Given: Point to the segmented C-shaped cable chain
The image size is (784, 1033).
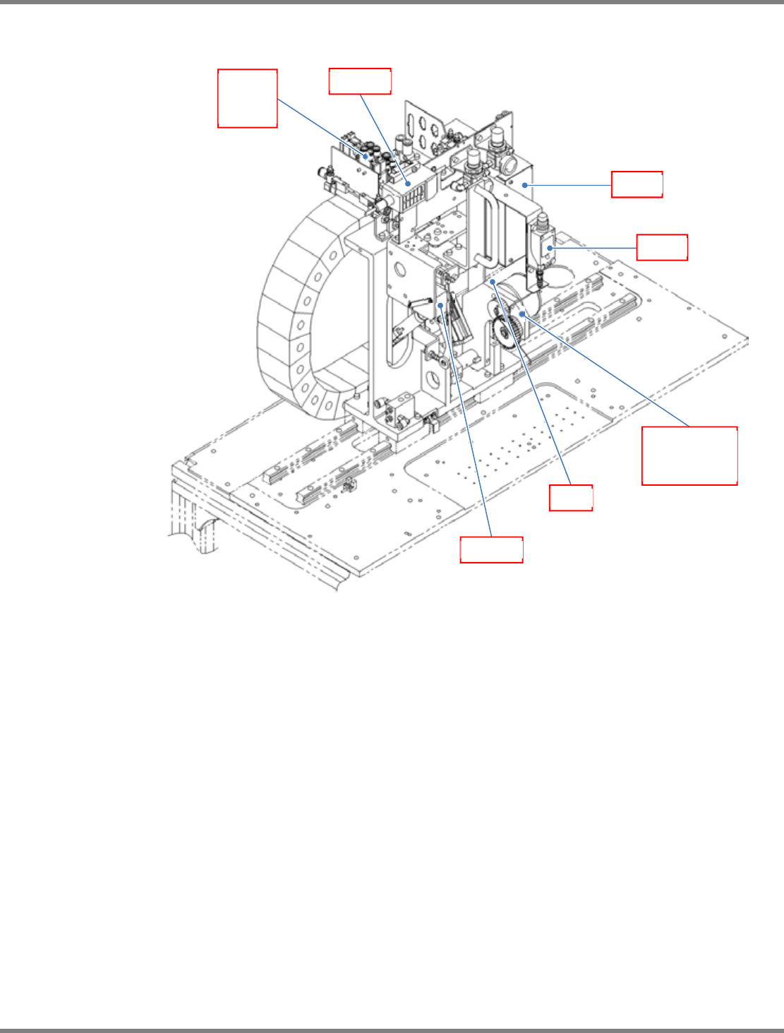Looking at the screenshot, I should pyautogui.click(x=296, y=311).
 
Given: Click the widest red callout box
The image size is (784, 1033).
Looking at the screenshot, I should pyautogui.click(x=689, y=455).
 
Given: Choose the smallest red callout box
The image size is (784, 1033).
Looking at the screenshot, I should pyautogui.click(x=571, y=497).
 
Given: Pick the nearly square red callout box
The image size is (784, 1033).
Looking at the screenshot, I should pyautogui.click(x=247, y=98).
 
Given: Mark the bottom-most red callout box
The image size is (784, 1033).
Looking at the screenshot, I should pyautogui.click(x=491, y=549).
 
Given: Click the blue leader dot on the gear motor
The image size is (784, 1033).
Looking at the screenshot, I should pyautogui.click(x=521, y=313).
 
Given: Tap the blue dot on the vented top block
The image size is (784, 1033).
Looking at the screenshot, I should pyautogui.click(x=408, y=184).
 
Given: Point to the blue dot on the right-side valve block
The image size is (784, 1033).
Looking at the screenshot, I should pyautogui.click(x=548, y=248).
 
